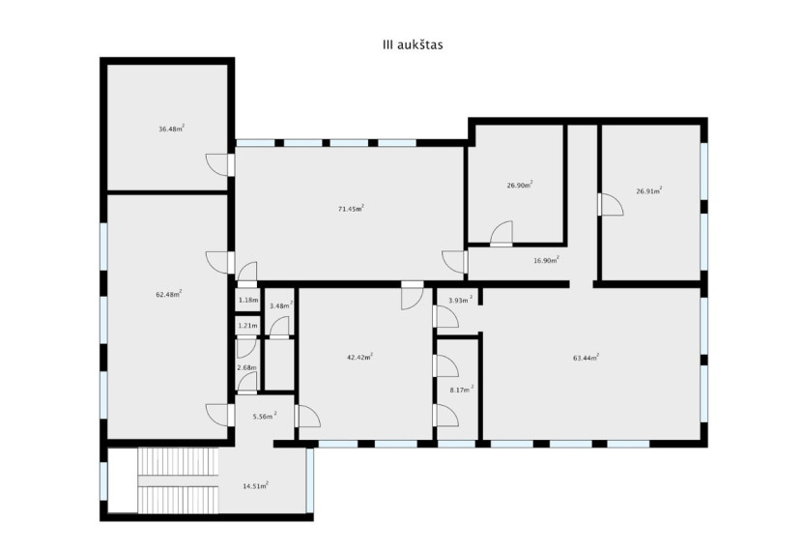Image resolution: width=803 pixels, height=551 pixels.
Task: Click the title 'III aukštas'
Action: (x=413, y=45)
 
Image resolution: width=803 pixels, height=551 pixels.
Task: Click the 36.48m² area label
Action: (x=172, y=129)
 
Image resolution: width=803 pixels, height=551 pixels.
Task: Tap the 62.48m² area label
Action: (x=169, y=294)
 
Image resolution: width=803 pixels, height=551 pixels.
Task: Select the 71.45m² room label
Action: (x=351, y=208)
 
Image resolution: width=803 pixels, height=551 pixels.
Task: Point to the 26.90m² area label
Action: (x=520, y=185)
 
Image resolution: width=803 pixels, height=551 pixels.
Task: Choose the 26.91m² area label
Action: (x=648, y=190)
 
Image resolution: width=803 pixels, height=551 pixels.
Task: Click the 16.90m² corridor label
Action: (x=546, y=260)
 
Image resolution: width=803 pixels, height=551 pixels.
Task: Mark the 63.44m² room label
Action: (x=586, y=358)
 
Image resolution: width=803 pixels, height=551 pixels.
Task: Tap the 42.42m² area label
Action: (x=359, y=357)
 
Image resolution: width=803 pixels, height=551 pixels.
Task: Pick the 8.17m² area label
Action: (x=462, y=390)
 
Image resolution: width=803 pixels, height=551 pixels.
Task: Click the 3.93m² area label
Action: (x=460, y=300)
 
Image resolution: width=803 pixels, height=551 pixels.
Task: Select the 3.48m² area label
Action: (x=281, y=305)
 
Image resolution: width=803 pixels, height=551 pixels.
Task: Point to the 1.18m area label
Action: (x=248, y=300)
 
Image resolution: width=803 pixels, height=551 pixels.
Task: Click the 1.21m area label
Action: (x=248, y=325)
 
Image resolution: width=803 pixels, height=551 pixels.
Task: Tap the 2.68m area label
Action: (x=246, y=367)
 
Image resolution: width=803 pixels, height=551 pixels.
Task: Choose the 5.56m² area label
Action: (x=265, y=417)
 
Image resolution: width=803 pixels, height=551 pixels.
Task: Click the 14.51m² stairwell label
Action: (x=255, y=485)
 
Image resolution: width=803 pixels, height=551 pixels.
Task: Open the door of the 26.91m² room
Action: (x=610, y=204)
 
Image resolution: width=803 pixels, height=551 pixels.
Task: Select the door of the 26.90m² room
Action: (x=502, y=234)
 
